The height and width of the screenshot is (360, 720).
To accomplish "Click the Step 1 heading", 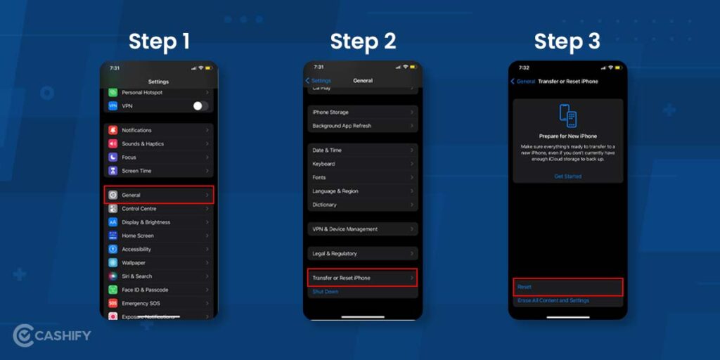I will click(x=159, y=41).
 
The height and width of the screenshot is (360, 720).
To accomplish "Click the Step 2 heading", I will click(x=363, y=41).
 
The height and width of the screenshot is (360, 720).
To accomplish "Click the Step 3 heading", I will click(x=567, y=41).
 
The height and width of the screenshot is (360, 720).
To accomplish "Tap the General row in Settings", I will click(x=158, y=195).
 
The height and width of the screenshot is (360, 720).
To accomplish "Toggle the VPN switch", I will click(x=200, y=105).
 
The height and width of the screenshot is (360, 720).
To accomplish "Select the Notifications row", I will click(x=158, y=130).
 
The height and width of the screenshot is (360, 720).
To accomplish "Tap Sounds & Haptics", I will click(x=158, y=143).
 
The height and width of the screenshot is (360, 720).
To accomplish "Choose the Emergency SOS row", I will click(x=158, y=303).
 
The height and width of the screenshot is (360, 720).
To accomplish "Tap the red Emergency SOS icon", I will click(x=112, y=303).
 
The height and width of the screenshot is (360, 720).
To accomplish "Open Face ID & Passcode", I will click(x=158, y=290).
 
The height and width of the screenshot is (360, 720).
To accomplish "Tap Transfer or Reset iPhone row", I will click(x=363, y=278).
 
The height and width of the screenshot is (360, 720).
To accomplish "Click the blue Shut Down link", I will click(x=326, y=292).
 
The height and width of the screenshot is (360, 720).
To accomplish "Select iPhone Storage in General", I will click(x=363, y=112).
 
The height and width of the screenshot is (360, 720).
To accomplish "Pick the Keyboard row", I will click(x=363, y=164).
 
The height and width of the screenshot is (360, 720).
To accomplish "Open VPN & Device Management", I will click(x=363, y=229).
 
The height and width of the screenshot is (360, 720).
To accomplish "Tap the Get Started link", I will click(x=567, y=176).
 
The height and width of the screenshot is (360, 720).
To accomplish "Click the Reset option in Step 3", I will click(x=567, y=287).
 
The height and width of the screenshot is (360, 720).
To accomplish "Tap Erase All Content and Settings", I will click(x=553, y=301).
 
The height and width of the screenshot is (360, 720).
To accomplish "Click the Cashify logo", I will click(x=52, y=335).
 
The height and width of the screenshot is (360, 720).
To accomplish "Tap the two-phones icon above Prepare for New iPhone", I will click(x=567, y=115).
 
